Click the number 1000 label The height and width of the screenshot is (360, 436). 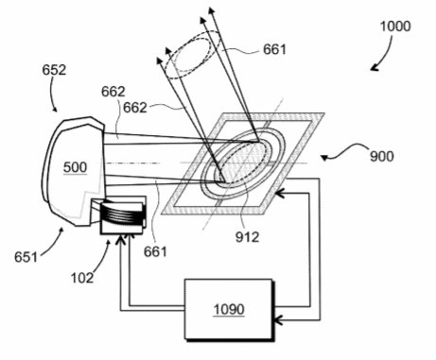tap(395, 26)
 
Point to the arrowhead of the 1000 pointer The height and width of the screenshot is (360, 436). tap(375, 67)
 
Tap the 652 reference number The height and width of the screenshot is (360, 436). tap(54, 70)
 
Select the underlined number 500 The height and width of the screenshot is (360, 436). tap(75, 167)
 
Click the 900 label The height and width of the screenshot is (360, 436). tap(382, 156)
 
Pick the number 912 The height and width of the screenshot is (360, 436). tap(247, 237)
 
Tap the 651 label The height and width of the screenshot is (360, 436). tap(26, 257)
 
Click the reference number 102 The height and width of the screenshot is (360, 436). tap(82, 278)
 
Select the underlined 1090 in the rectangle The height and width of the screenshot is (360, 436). tap(229, 309)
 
